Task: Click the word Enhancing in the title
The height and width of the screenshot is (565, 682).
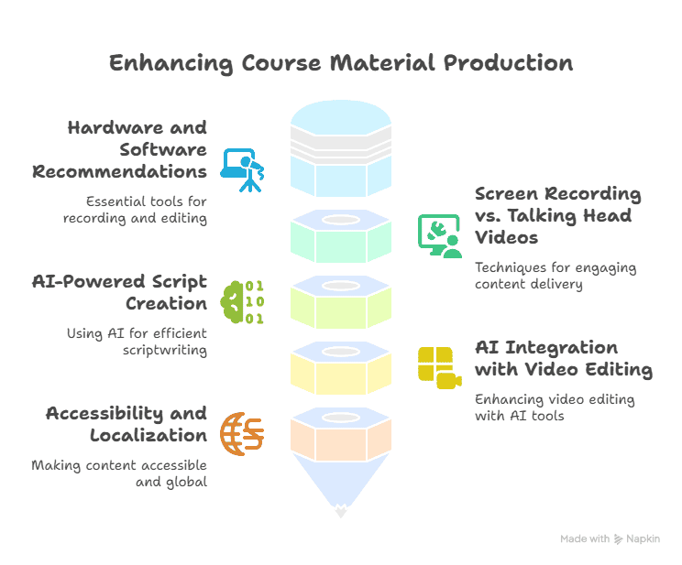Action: point(170,63)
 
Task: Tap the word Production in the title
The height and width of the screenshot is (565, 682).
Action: point(508,63)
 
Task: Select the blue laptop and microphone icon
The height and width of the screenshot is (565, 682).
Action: point(242,170)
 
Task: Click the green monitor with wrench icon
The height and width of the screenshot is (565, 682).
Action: point(440,236)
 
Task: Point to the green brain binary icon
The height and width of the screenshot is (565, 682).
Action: point(242,302)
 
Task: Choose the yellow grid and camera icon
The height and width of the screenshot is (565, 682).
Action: point(440,368)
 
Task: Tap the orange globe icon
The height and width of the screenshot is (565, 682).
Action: point(242,434)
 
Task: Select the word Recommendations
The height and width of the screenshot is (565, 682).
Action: point(119,171)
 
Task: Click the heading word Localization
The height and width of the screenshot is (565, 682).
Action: point(148,435)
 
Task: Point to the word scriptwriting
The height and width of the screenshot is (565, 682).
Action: point(165,351)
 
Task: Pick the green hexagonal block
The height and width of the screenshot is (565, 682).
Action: point(341,236)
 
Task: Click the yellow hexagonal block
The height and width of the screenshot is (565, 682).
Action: point(341,368)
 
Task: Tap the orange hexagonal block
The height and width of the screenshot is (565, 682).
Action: point(341,434)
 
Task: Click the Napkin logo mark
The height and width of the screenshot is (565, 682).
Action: point(618,539)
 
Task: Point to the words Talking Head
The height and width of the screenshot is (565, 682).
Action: point(570,215)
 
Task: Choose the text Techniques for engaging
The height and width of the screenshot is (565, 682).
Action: point(555,268)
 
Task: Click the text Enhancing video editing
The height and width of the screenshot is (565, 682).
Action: point(555,399)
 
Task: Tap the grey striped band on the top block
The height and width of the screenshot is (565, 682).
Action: point(341,141)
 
